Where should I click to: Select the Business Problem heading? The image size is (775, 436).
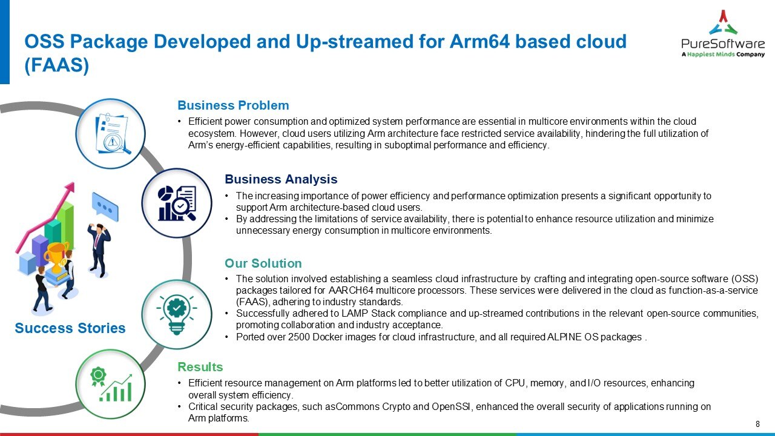233,105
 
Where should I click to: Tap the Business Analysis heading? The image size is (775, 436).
281,179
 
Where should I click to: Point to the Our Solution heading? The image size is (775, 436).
263,263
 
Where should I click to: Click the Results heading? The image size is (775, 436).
200,367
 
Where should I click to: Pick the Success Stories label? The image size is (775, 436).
70,328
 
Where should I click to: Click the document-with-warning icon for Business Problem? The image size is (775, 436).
110,133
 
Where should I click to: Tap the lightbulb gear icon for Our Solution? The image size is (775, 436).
176,314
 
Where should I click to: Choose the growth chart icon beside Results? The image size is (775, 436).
110,383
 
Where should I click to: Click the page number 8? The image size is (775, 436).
758,423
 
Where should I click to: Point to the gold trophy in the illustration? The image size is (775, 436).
58,255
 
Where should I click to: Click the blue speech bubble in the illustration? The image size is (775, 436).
105,207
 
